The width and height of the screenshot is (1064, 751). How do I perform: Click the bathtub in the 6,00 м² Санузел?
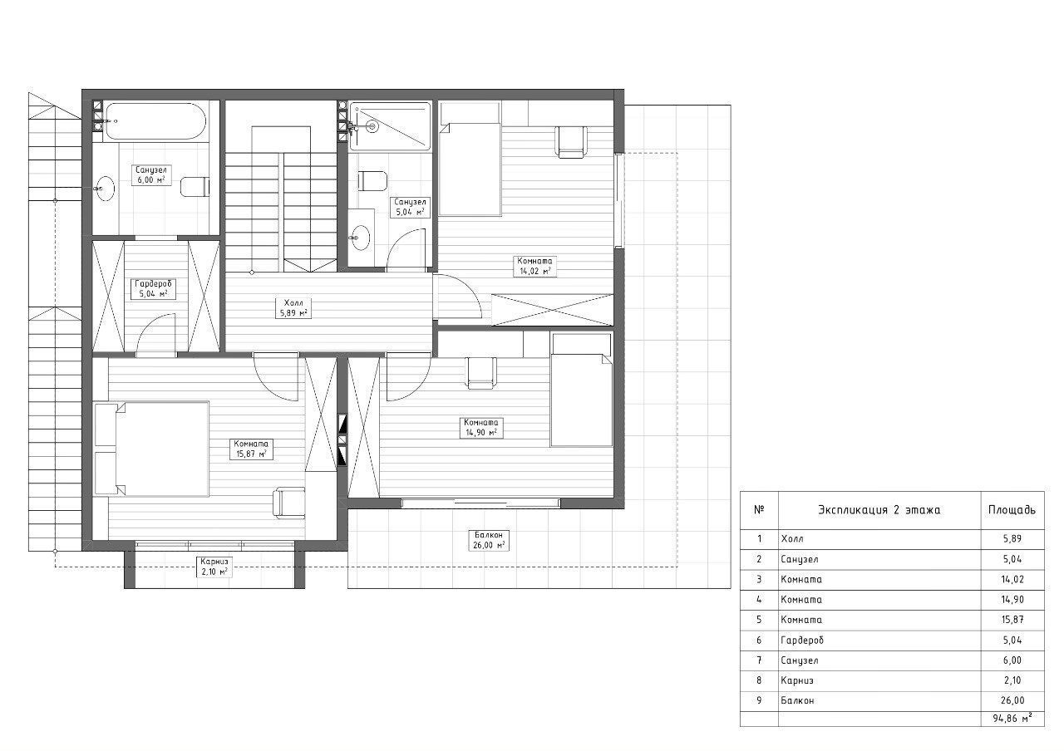click(x=155, y=121)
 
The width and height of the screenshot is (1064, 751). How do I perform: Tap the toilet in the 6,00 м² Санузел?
click(x=195, y=187)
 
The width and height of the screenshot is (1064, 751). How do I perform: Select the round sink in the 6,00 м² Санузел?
click(x=105, y=189)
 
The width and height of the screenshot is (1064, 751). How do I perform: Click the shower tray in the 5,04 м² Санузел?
click(x=390, y=126)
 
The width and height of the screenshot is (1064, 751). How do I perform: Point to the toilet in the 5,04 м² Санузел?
click(x=372, y=181)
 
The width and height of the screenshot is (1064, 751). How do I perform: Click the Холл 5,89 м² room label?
click(x=293, y=307)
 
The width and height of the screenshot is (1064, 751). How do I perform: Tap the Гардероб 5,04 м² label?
click(x=153, y=288)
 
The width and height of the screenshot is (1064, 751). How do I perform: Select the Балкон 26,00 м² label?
click(x=489, y=540)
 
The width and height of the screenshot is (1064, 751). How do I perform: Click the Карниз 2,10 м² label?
click(x=214, y=567)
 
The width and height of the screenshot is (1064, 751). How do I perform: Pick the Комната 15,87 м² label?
click(x=251, y=449)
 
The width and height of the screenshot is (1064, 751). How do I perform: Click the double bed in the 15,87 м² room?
click(x=152, y=449)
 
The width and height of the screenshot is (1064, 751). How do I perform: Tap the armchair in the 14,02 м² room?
click(x=571, y=141)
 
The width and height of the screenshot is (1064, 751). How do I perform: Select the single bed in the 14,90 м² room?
click(x=581, y=390)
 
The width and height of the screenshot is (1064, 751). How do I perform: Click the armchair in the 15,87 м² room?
click(x=288, y=503)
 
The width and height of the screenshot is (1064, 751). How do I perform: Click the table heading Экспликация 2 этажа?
click(x=879, y=510)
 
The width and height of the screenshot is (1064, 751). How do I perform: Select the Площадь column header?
click(x=1012, y=510)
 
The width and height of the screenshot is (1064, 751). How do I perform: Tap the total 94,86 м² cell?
click(x=1012, y=719)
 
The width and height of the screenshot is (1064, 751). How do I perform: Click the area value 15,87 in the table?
click(x=1012, y=620)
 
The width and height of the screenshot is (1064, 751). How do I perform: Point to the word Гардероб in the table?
click(x=802, y=641)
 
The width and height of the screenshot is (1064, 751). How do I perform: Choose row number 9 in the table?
click(x=759, y=700)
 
